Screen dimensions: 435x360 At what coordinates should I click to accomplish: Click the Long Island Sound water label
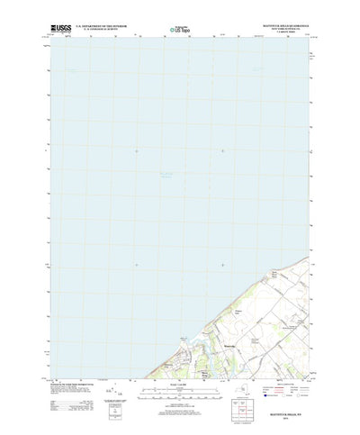[158, 175]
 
